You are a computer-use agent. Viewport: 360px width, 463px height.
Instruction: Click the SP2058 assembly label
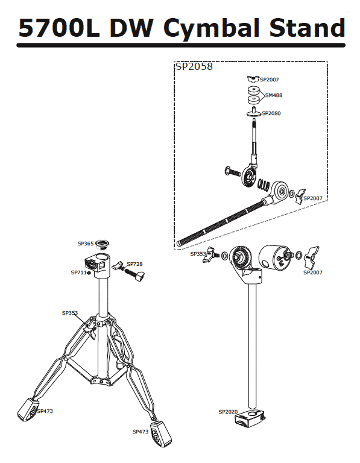194,66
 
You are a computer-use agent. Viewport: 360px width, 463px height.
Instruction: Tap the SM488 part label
274,95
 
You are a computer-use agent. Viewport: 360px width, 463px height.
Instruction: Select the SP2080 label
271,113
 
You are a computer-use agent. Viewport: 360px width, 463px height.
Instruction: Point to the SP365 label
86,244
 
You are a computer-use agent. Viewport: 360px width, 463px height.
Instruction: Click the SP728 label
134,264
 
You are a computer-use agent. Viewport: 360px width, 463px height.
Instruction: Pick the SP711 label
79,272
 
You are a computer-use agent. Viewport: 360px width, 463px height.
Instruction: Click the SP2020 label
228,412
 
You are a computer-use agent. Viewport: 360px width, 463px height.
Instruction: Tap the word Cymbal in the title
212,28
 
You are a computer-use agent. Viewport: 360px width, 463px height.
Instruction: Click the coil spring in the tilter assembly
264,184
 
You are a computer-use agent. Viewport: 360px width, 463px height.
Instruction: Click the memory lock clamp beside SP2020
250,418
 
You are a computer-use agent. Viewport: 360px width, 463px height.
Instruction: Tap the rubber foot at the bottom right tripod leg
161,433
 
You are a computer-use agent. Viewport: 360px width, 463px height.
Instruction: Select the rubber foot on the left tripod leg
28,409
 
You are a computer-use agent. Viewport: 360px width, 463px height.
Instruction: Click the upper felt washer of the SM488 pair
253,90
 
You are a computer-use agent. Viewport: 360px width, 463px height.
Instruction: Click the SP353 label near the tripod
70,313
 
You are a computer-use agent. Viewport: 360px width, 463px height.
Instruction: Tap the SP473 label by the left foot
45,411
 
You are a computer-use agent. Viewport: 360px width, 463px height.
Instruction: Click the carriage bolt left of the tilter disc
233,171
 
